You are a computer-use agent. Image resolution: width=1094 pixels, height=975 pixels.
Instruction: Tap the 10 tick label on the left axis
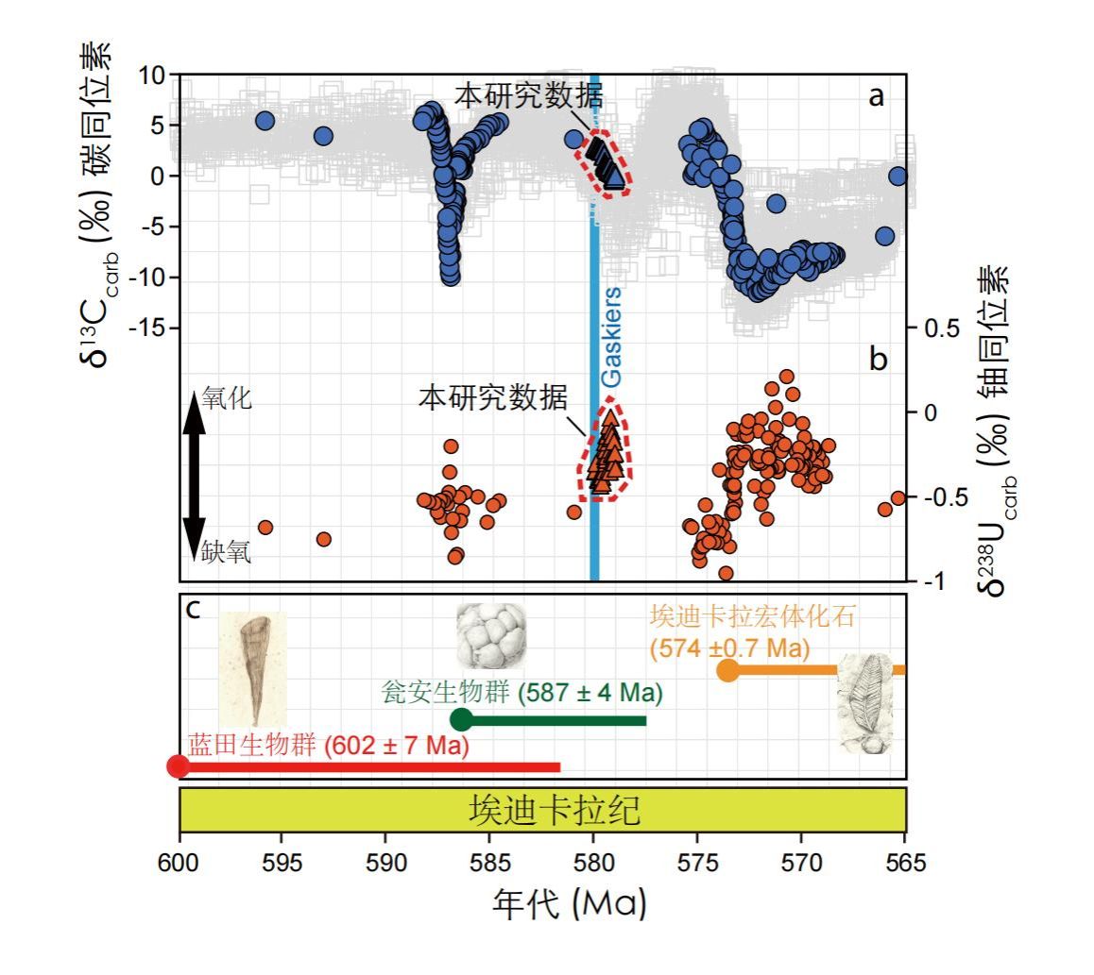pos(152,75)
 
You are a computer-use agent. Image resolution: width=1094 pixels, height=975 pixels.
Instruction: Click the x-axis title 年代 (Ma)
pos(569,904)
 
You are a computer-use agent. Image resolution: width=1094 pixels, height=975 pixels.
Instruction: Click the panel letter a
pos(877,95)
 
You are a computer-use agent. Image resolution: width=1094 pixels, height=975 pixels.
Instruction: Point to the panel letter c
pos(194,609)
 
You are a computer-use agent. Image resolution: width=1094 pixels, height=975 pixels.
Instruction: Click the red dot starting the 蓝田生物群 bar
pos(178,765)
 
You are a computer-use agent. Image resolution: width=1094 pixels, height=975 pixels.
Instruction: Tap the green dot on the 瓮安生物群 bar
pos(461,719)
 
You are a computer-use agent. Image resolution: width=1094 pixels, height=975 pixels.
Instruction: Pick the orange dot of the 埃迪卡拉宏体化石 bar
pos(727,670)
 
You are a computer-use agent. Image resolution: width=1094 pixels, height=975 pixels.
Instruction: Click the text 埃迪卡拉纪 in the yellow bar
pos(542,810)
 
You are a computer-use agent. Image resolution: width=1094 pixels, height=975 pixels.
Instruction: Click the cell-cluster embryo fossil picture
pos(490,635)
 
